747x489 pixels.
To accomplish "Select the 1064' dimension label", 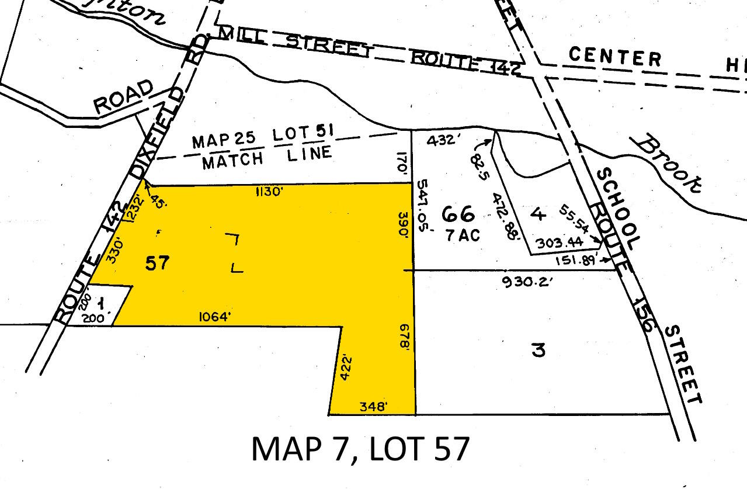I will pos(214,317).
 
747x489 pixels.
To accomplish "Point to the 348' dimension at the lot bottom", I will pos(371,407).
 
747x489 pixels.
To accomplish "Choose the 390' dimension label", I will pos(404,223).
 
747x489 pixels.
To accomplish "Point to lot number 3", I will pos(538,351).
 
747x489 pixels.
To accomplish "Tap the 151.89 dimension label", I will pos(575,261).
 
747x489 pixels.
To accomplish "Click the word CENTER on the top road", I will pos(615,57).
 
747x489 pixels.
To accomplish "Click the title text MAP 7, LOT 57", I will pos(360,449).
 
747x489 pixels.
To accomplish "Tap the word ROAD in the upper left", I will pos(123,98).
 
